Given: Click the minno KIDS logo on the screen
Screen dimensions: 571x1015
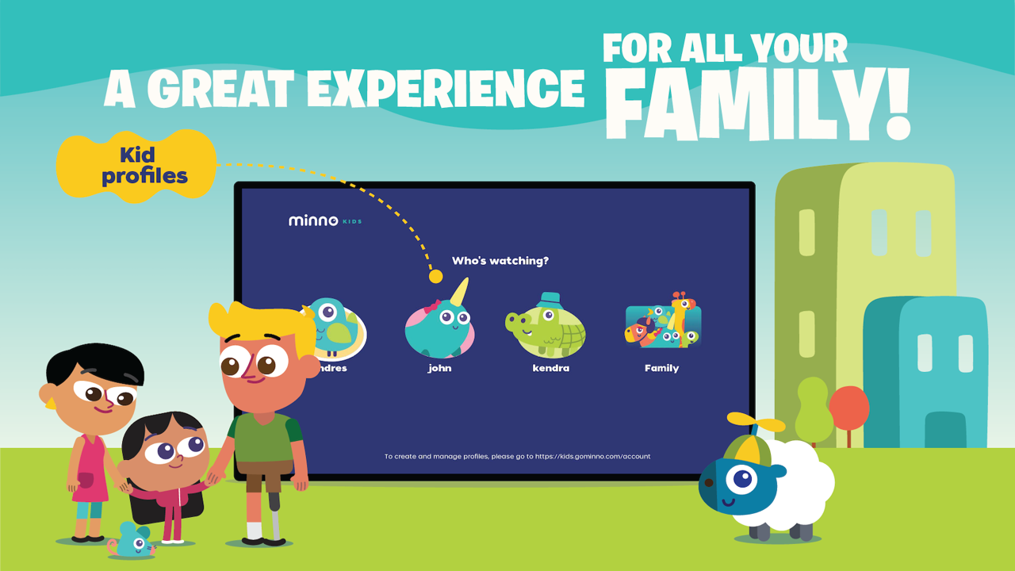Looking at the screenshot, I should (x=324, y=220).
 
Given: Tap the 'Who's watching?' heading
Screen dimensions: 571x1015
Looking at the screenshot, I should (x=500, y=260).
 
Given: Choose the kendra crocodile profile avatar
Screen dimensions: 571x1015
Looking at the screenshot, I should (x=546, y=328).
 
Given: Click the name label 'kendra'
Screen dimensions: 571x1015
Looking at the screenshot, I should (x=550, y=368).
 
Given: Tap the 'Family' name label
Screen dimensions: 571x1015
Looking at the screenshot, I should (x=661, y=368).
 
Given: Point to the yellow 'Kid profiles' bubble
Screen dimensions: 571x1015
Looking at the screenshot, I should (x=136, y=165).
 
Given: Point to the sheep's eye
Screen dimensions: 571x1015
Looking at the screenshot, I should (x=742, y=478).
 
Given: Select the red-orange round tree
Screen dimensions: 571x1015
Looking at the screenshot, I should (x=849, y=406).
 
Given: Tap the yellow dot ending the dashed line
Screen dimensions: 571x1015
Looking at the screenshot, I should (x=435, y=276).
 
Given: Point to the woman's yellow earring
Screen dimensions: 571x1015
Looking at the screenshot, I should (x=52, y=403).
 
